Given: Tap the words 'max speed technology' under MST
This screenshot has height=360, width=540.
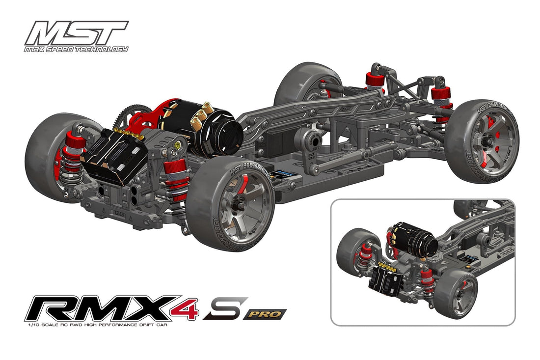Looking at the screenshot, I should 76,49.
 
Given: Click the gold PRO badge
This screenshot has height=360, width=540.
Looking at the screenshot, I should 265,313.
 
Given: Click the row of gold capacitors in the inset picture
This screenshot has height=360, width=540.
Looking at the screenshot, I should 388,268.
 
